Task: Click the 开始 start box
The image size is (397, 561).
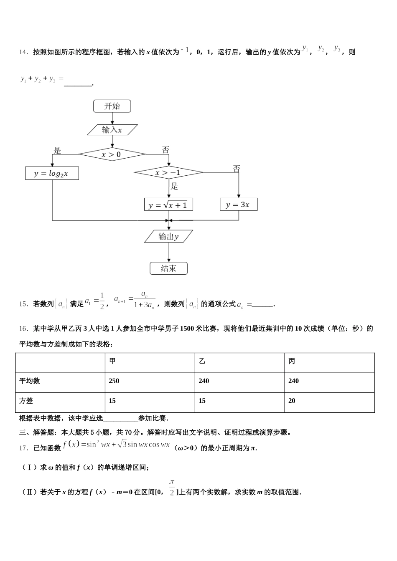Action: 112,106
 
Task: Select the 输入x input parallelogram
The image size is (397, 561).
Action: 112,130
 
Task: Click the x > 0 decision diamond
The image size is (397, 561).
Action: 112,154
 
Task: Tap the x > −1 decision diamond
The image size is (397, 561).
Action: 168,172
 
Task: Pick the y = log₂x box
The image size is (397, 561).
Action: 52,173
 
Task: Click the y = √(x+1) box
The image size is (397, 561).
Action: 168,205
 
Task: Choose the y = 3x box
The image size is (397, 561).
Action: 238,205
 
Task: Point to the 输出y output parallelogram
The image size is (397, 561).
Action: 168,237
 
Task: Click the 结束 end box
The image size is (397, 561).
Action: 168,268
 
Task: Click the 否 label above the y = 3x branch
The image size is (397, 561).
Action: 237,169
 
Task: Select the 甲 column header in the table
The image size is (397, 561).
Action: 112,361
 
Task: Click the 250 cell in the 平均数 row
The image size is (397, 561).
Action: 114,381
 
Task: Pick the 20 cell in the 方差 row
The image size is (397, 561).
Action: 292,401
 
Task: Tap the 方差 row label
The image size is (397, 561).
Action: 26,401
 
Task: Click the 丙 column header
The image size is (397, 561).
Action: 292,361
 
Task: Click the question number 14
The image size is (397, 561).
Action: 23,53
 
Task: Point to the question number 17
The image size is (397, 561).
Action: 23,448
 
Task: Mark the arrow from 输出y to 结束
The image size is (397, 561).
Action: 169,253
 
